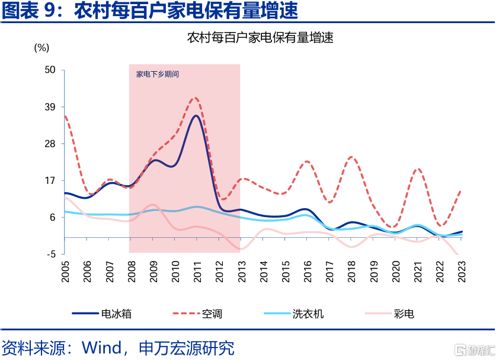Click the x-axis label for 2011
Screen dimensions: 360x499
197,270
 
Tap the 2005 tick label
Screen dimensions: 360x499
65,270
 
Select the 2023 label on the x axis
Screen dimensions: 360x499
460,270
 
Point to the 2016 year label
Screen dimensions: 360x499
307,270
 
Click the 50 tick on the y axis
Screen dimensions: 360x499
50,70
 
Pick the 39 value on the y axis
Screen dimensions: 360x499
50,107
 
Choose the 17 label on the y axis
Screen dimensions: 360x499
50,180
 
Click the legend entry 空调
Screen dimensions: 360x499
212,313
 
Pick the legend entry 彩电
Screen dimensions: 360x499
404,313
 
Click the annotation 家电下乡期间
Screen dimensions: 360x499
157,75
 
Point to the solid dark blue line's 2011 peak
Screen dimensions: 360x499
196,116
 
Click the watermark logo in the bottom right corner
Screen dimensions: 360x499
474,349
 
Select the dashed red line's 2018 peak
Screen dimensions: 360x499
351,157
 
